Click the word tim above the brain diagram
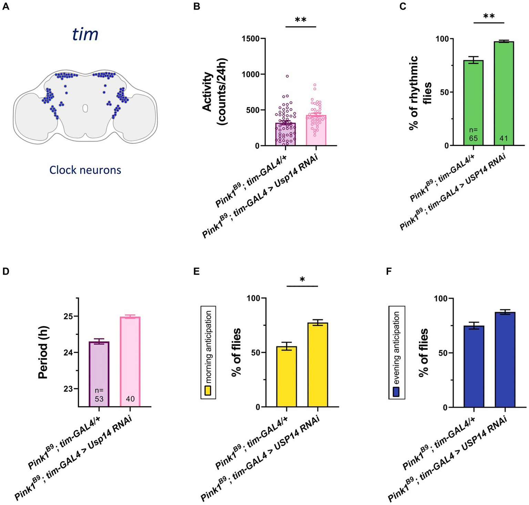tap(85, 34)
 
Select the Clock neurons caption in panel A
tap(85, 170)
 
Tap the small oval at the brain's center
tap(85, 108)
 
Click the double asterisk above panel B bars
tap(301, 20)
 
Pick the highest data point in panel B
tap(287, 76)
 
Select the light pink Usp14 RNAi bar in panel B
tap(316, 131)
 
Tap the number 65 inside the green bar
tap(473, 139)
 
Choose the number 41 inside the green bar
tap(503, 139)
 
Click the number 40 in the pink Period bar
tap(130, 399)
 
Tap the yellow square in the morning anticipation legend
tap(208, 391)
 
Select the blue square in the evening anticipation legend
tap(396, 392)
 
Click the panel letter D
tap(6, 271)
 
